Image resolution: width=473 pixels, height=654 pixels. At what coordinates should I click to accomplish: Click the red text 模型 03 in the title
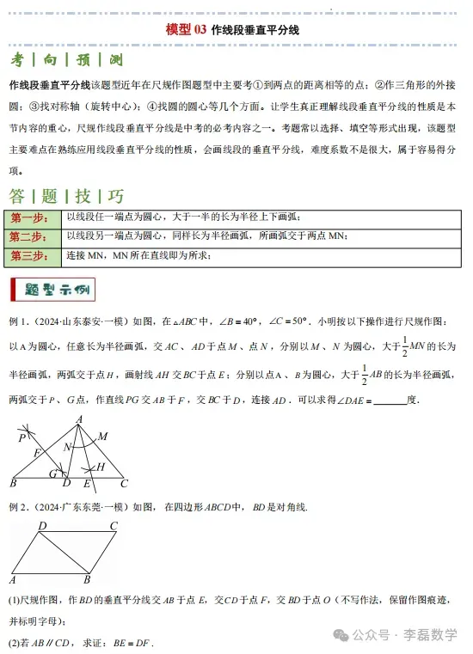click(187, 30)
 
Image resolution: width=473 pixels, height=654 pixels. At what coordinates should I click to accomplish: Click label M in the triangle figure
click(102, 436)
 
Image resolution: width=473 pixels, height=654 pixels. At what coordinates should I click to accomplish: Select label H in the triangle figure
click(101, 466)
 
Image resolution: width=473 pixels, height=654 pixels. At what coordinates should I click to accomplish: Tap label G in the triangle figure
click(53, 473)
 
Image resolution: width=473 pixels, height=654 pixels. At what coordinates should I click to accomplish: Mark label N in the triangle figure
click(67, 447)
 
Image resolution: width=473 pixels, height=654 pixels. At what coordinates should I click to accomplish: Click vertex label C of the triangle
click(124, 484)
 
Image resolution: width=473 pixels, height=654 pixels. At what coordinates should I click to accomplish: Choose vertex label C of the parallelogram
click(114, 526)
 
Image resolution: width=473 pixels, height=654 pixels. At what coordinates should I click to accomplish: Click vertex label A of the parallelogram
click(14, 579)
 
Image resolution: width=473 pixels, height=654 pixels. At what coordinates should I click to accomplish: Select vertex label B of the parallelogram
click(87, 579)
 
